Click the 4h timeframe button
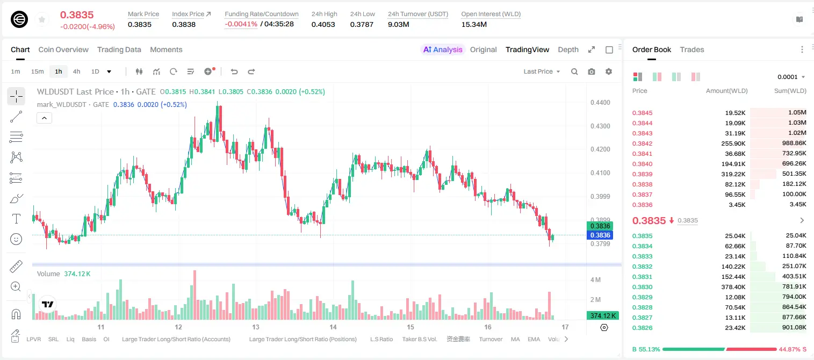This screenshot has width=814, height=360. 76,71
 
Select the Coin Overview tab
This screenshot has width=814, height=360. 63,49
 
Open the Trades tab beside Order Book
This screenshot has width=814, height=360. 692,49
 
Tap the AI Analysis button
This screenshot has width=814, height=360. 443,49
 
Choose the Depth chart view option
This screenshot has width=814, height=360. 568,49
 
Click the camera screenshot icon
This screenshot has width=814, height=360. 592,71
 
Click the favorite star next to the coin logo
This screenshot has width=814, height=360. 42,19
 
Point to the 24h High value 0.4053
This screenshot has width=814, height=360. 323,24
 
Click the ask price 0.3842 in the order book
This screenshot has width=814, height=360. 642,143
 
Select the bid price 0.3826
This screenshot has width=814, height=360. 642,328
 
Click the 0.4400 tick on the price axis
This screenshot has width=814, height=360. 600,103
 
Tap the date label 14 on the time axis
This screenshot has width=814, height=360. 333,327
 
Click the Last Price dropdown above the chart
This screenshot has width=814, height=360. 542,71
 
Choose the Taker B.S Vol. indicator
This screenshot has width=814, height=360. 419,339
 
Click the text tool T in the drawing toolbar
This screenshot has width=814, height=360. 16,219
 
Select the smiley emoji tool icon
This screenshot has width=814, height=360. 16,239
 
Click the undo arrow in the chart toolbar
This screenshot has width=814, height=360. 234,71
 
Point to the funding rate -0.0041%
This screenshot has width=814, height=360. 241,24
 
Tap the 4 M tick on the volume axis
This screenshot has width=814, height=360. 595,280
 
